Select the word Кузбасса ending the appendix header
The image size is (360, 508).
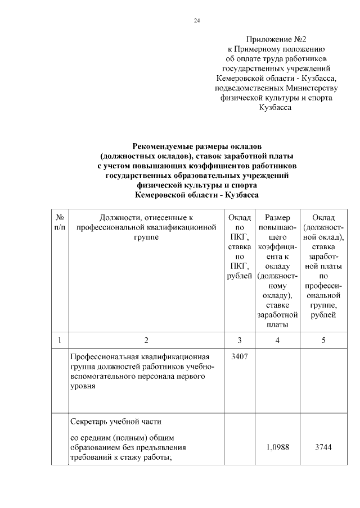[275, 107]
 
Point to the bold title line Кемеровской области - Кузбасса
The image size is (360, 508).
[197, 194]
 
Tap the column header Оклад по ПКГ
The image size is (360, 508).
[239, 247]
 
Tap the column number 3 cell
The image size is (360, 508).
[239, 340]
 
